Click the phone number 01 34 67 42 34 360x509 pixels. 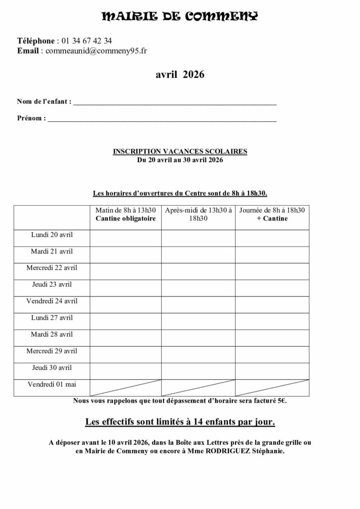click(87, 41)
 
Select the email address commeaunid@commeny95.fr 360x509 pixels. click(96, 50)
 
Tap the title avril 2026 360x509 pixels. click(180, 75)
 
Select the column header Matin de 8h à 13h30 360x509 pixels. click(126, 210)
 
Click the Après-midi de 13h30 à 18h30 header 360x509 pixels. click(198, 214)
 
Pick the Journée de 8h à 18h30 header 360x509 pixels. click(271, 210)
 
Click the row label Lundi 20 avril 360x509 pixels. click(52, 234)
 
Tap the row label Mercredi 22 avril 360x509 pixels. click(52, 267)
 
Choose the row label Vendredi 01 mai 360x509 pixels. click(52, 384)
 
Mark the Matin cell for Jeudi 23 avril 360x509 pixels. click(126, 288)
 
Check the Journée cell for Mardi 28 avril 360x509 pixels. click(271, 338)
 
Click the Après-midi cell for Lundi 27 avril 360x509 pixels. click(198, 321)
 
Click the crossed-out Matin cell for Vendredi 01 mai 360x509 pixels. click(126, 388)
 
